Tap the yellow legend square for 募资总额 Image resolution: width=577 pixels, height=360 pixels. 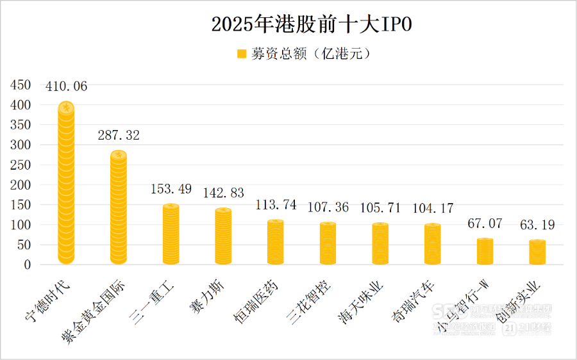pos(242,54)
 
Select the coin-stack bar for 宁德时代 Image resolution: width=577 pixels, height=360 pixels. pos(66,183)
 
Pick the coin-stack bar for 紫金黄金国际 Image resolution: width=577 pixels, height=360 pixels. pos(119,208)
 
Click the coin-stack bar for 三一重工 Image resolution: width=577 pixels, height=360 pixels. pos(171,234)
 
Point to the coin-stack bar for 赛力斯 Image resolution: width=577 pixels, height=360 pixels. pos(223,236)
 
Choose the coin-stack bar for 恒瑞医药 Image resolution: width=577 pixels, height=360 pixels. pos(276,242)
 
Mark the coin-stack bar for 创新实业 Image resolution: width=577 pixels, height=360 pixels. pos(537,252)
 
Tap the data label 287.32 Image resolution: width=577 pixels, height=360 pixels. pos(119,135)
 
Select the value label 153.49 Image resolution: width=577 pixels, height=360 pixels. pos(171,189)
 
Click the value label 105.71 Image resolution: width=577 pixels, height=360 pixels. pos(380,208)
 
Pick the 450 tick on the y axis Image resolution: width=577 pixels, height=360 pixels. pos(22,85)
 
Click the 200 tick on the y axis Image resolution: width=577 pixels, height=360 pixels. pos(22,185)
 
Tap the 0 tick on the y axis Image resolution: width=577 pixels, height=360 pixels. pos(27,265)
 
